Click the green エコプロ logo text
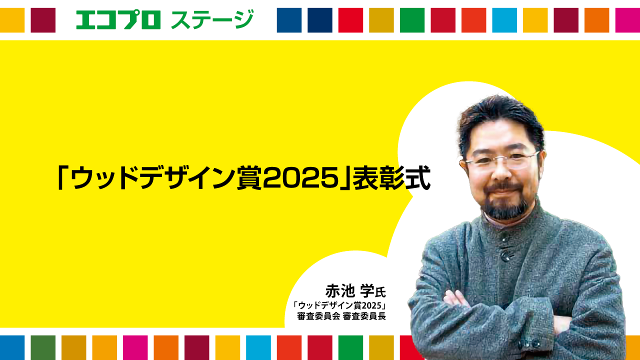(118, 20)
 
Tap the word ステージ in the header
(212, 19)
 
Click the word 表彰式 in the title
(391, 177)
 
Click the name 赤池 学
(349, 291)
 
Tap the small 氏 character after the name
(380, 292)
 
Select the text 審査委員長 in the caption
(364, 316)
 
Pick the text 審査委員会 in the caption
(318, 316)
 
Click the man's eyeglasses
(501, 160)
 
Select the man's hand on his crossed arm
(455, 299)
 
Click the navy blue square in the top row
(319, 20)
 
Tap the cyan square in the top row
(504, 20)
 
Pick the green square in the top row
(412, 20)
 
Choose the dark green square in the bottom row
(43, 347)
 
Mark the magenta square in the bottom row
(135, 347)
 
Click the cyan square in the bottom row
(258, 347)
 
